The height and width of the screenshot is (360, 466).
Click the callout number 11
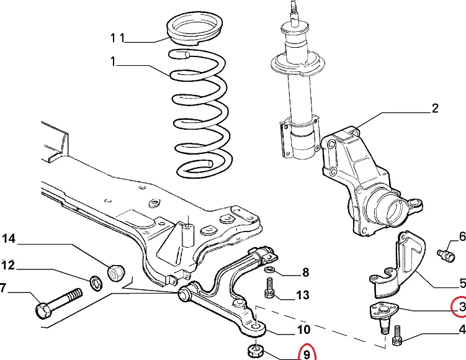117,38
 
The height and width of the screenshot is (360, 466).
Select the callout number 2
434,109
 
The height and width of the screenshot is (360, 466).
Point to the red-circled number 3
460,306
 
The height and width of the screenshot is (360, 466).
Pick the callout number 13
302,295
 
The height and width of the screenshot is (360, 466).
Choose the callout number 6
462,236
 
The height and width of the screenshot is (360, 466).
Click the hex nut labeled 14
117,271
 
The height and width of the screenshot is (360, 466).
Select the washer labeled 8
271,271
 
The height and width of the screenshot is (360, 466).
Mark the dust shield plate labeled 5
403,264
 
